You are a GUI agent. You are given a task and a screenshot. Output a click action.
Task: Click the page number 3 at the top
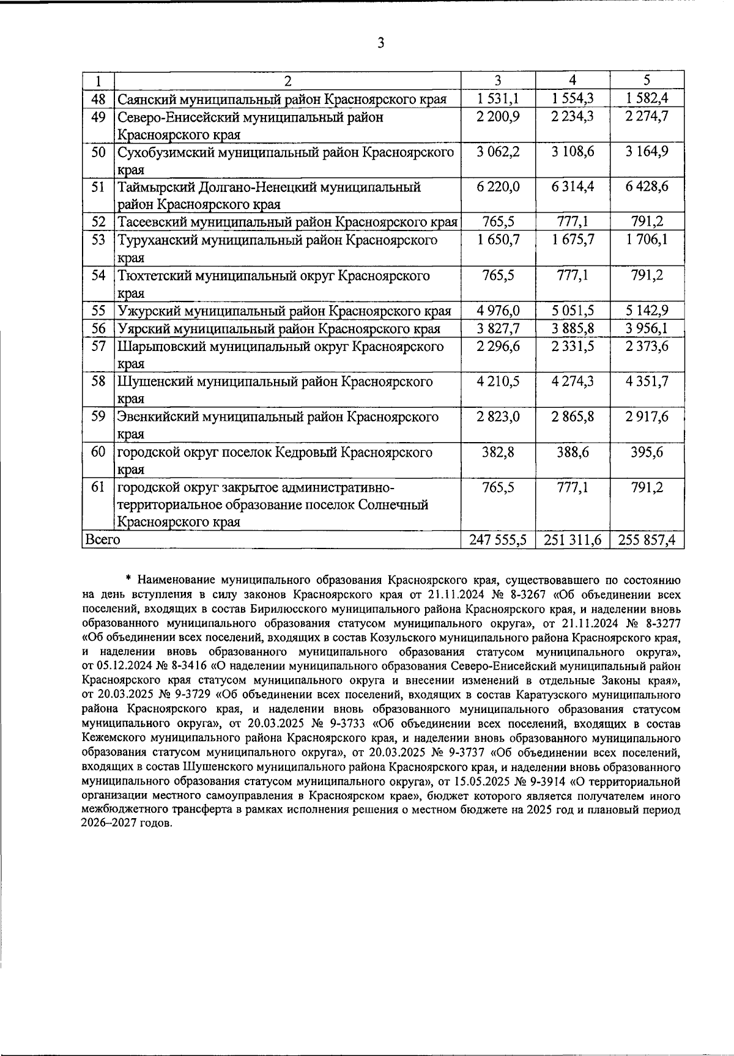pos(380,43)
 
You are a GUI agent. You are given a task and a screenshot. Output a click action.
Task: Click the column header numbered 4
pos(573,80)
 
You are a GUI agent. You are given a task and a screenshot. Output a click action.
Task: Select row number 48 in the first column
pos(98,99)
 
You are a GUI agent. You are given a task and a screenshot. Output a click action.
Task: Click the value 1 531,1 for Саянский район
pos(498,99)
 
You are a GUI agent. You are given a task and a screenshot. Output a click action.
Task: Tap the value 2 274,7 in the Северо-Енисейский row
pos(647,117)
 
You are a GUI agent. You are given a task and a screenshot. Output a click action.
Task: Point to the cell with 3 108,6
pos(573,152)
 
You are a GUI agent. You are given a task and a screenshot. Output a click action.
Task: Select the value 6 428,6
pos(647,187)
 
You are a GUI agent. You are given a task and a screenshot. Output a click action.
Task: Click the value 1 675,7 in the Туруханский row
pos(573,240)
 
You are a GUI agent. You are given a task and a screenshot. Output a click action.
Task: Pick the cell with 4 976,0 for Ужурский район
pos(498,311)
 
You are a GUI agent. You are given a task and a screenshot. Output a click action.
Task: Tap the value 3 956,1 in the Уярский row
pos(647,329)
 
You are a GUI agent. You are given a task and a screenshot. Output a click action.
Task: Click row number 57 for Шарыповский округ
pos(98,347)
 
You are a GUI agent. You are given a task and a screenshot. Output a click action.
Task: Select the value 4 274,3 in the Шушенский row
pos(573,382)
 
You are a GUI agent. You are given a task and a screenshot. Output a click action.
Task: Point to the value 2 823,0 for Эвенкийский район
pos(498,417)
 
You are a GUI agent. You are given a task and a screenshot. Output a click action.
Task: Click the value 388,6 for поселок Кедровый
pos(573,452)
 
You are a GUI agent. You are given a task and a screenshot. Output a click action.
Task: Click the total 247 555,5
pos(498,540)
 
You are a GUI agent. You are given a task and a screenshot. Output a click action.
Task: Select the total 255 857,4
pos(647,540)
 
